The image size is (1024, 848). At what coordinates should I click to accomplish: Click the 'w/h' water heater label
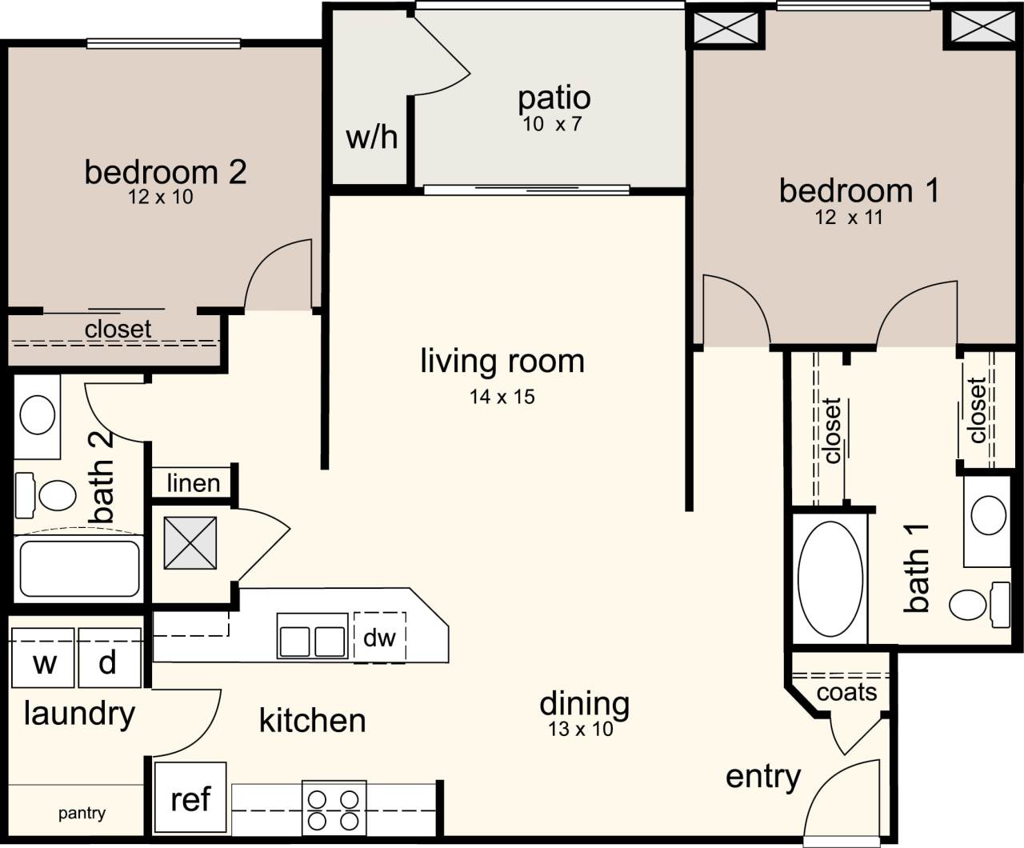point(371,137)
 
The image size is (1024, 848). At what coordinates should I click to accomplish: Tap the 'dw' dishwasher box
point(380,638)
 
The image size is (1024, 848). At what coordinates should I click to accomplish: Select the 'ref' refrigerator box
point(190,798)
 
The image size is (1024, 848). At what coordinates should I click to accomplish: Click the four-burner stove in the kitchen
point(334,809)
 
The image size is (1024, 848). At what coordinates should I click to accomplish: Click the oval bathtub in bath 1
point(830,578)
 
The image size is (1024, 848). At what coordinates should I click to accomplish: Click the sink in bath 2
point(37,416)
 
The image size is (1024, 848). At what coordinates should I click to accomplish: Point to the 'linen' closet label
point(194,483)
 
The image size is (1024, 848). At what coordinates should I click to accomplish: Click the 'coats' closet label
point(846,692)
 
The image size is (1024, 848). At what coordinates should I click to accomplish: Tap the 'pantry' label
point(82,814)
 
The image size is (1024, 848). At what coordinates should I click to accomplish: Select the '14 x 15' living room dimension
point(502,396)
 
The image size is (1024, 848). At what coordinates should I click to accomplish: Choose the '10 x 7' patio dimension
point(552,124)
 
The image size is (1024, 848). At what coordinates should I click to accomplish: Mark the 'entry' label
point(762,777)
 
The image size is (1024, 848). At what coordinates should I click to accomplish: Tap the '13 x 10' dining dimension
point(581,729)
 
